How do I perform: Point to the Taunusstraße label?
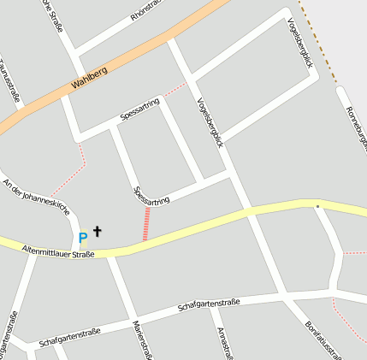coord(10,82)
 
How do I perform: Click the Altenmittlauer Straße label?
coord(57,250)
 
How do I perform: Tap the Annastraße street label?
coord(225,343)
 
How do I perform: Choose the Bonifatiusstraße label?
coord(324,340)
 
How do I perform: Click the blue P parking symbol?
coord(83,239)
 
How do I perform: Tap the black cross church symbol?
coord(98,231)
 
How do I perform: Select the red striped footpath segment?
coord(146,223)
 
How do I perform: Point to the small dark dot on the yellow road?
coord(317,206)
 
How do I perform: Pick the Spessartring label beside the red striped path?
coord(152,195)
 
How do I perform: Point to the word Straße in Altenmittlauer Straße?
coord(82,254)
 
